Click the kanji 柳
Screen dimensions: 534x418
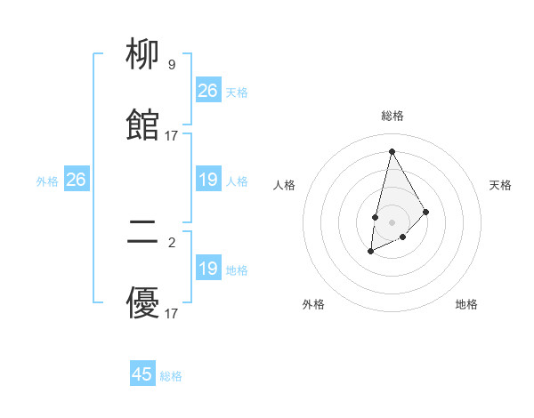[x=143, y=56]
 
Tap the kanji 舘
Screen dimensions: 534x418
[x=143, y=125]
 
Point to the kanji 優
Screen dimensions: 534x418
[x=143, y=303]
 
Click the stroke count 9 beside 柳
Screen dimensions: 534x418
[x=171, y=65]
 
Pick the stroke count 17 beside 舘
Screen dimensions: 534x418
[x=172, y=135]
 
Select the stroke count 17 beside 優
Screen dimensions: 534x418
[x=172, y=313]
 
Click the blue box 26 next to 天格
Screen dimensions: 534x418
[x=208, y=91]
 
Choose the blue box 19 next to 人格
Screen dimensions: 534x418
[x=208, y=181]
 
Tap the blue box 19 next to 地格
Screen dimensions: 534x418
[x=208, y=269]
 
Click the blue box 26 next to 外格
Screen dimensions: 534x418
[x=76, y=181]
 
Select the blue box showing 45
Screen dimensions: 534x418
[x=142, y=374]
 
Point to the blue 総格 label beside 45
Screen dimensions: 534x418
[x=171, y=376]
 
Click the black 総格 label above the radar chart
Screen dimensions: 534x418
[x=392, y=116]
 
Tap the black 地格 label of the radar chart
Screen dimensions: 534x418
[x=466, y=304]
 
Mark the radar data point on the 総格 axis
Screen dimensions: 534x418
[x=392, y=151]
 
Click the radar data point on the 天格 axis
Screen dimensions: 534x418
[x=426, y=212]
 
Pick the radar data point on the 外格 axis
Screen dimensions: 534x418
[x=371, y=253]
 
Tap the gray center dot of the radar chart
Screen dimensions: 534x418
[x=392, y=221]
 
